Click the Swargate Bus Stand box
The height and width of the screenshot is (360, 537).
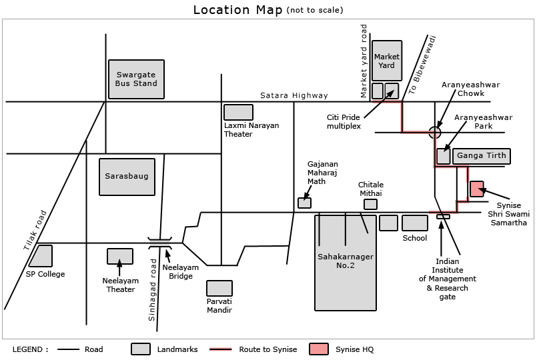coord(136,79)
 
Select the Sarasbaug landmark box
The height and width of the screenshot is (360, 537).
coord(127,177)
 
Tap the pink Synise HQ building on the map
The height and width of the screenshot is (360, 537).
coord(477,189)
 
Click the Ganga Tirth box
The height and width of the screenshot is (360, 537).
coord(482,156)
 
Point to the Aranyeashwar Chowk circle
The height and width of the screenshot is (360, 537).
coord(435,132)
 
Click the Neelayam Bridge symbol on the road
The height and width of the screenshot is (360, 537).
coord(160,243)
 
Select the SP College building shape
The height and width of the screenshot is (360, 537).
coord(41,255)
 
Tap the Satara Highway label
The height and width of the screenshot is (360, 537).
coord(294,95)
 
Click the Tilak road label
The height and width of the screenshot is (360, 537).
coord(35,230)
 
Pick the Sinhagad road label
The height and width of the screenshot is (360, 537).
coord(152,290)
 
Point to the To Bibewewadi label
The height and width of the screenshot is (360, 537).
coord(422,65)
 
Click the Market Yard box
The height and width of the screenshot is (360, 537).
coord(387,61)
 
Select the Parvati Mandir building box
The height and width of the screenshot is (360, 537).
coord(219,289)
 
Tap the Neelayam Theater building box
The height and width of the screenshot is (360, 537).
coord(120,256)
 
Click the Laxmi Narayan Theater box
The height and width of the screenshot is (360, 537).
coord(238,112)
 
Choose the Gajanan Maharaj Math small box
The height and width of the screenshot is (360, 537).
coord(304,203)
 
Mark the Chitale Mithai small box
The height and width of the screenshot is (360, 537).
coord(370,204)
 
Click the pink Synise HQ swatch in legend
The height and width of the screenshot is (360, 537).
coord(318,349)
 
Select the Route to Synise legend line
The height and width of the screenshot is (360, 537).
coord(220,349)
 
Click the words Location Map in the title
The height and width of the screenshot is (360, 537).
coord(238,10)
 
